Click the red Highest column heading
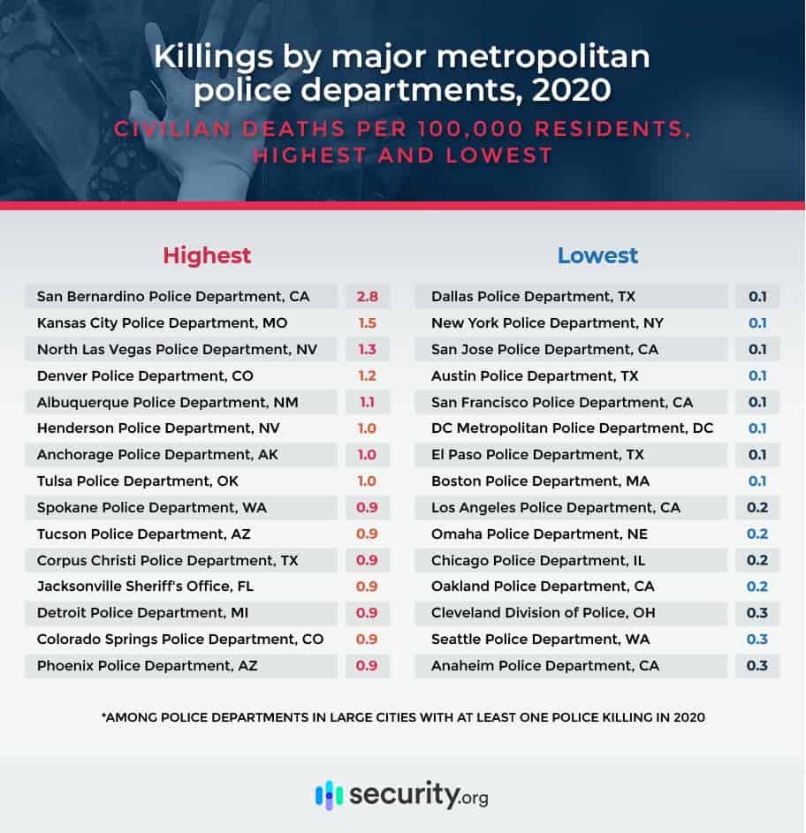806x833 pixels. pyautogui.click(x=207, y=256)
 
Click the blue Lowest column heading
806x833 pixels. pyautogui.click(x=597, y=256)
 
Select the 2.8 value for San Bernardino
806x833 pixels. pyautogui.click(x=367, y=297)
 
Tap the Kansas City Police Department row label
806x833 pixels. pyautogui.click(x=162, y=323)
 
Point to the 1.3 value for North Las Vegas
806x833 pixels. pyautogui.click(x=367, y=350)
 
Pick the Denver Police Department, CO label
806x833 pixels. pyautogui.click(x=145, y=376)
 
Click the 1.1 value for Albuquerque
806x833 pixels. pyautogui.click(x=367, y=403)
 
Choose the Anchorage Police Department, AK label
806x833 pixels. pyautogui.click(x=156, y=455)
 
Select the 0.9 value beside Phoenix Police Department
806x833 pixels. pyautogui.click(x=367, y=665)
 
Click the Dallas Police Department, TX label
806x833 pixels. pyautogui.click(x=533, y=297)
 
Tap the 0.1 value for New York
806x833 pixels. pyautogui.click(x=757, y=323)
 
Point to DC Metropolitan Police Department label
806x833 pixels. pyautogui.click(x=572, y=428)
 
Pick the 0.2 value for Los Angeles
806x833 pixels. pyautogui.click(x=757, y=508)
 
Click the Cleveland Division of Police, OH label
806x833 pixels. pyautogui.click(x=543, y=613)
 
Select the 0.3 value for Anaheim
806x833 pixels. pyautogui.click(x=757, y=665)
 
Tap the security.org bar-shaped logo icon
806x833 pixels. pyautogui.click(x=329, y=794)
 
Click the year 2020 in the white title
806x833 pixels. pyautogui.click(x=574, y=90)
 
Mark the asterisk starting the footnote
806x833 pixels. pyautogui.click(x=104, y=717)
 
